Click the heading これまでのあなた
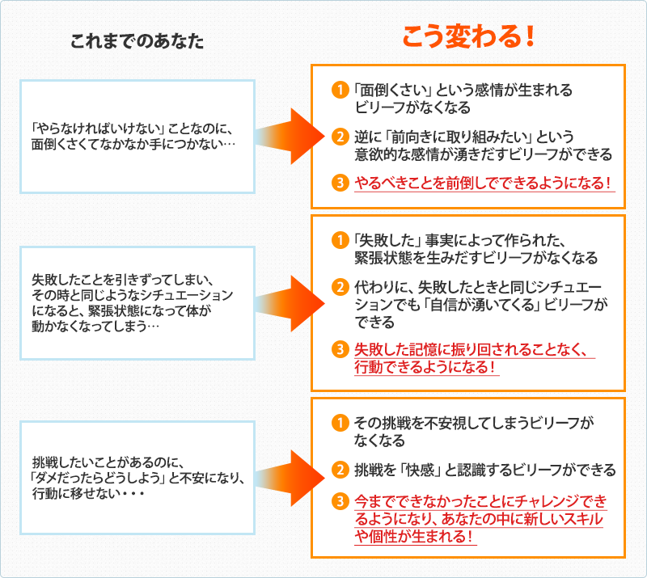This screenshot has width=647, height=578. [x=137, y=41]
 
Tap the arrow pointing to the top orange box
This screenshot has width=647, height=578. [x=286, y=135]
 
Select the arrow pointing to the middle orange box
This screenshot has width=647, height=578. [x=286, y=302]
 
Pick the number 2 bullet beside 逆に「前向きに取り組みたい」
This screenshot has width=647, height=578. [x=340, y=137]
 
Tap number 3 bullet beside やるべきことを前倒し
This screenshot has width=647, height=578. [x=340, y=182]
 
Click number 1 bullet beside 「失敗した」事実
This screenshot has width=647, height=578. [x=340, y=240]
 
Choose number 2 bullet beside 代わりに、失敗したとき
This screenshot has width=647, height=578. [x=340, y=286]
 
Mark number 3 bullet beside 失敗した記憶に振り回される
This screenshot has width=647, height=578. [x=340, y=350]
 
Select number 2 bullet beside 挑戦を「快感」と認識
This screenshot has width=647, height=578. [x=340, y=469]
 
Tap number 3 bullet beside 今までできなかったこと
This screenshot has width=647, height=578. [x=340, y=500]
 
